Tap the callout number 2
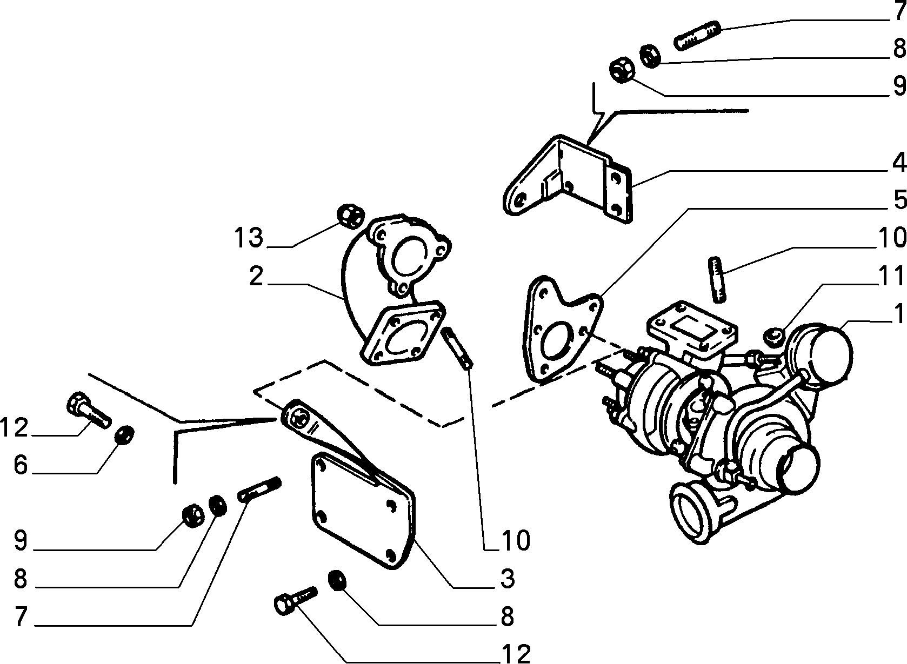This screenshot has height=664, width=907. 256,277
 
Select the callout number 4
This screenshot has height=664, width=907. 899,163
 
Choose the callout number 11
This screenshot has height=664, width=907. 891,276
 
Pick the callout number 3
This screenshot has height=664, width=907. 508,578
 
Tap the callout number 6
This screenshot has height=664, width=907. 20,465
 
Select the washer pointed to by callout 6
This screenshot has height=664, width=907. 124,434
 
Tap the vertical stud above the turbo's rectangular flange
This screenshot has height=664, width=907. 717,280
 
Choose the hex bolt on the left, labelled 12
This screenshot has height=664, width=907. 88,410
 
